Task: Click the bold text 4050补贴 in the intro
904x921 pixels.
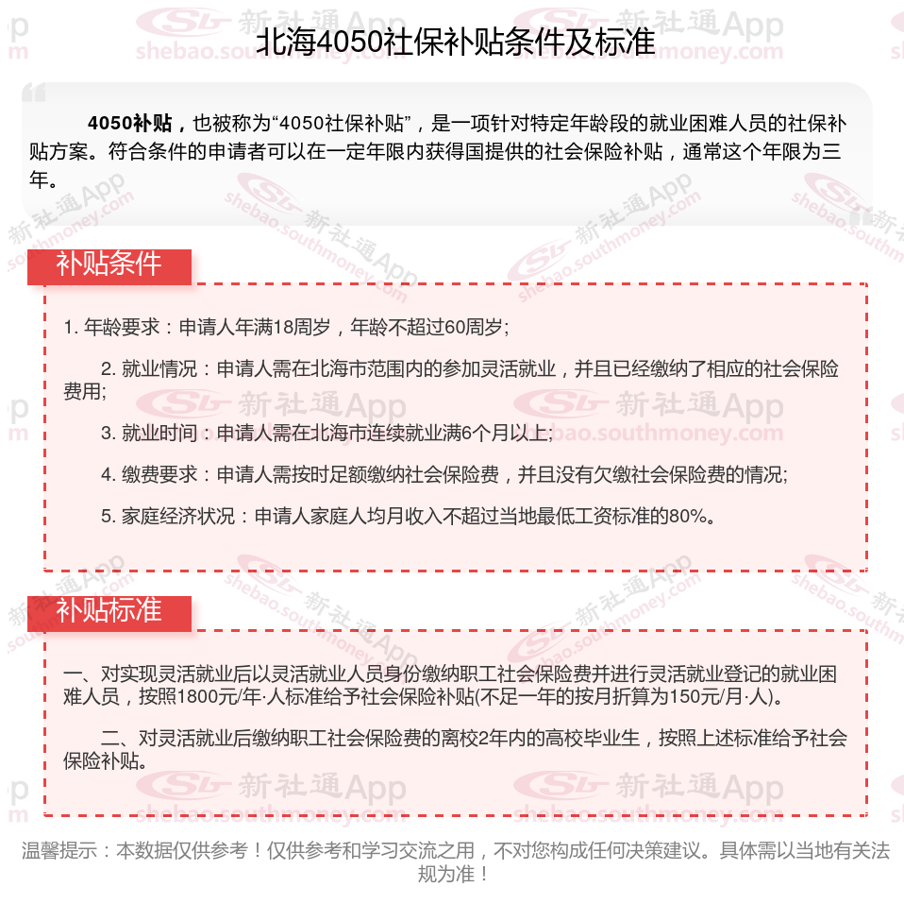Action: click(x=129, y=123)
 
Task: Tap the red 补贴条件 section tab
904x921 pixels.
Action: click(x=109, y=264)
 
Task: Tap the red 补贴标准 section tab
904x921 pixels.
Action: click(x=109, y=610)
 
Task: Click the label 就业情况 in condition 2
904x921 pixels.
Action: click(x=159, y=369)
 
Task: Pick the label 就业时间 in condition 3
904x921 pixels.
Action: click(x=159, y=434)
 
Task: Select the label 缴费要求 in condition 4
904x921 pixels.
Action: click(x=159, y=475)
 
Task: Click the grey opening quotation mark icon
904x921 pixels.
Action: click(x=34, y=93)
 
